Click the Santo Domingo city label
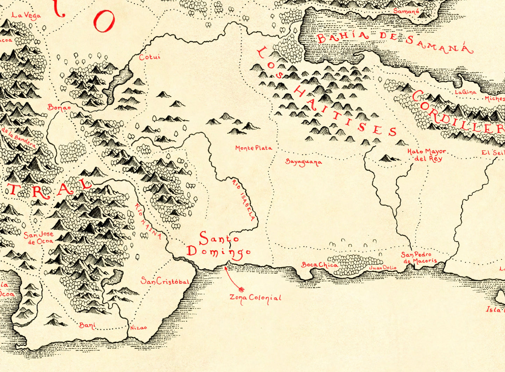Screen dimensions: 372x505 pyautogui.click(x=218, y=245)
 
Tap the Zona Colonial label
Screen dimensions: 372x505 pyautogui.click(x=255, y=298)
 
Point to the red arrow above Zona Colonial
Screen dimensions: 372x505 pyautogui.click(x=233, y=279)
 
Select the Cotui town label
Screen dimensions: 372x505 pyautogui.click(x=150, y=57)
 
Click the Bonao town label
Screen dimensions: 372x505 pyautogui.click(x=59, y=107)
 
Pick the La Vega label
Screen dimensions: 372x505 pyautogui.click(x=26, y=15)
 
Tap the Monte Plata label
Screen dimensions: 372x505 pyautogui.click(x=253, y=148)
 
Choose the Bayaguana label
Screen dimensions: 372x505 pyautogui.click(x=303, y=162)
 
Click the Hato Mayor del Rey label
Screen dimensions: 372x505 pyautogui.click(x=427, y=155)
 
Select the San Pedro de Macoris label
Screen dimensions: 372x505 pyautogui.click(x=419, y=258)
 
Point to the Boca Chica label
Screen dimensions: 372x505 pyautogui.click(x=319, y=265)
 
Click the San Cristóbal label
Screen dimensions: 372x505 pyautogui.click(x=165, y=281)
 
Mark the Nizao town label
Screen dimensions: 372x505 pyautogui.click(x=138, y=328)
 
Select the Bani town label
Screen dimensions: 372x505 pyautogui.click(x=87, y=325)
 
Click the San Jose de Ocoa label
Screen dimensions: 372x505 pyautogui.click(x=38, y=238)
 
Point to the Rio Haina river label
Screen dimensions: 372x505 pyautogui.click(x=148, y=222)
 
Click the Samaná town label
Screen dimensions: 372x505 pyautogui.click(x=406, y=11)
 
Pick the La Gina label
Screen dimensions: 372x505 pyautogui.click(x=466, y=92)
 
